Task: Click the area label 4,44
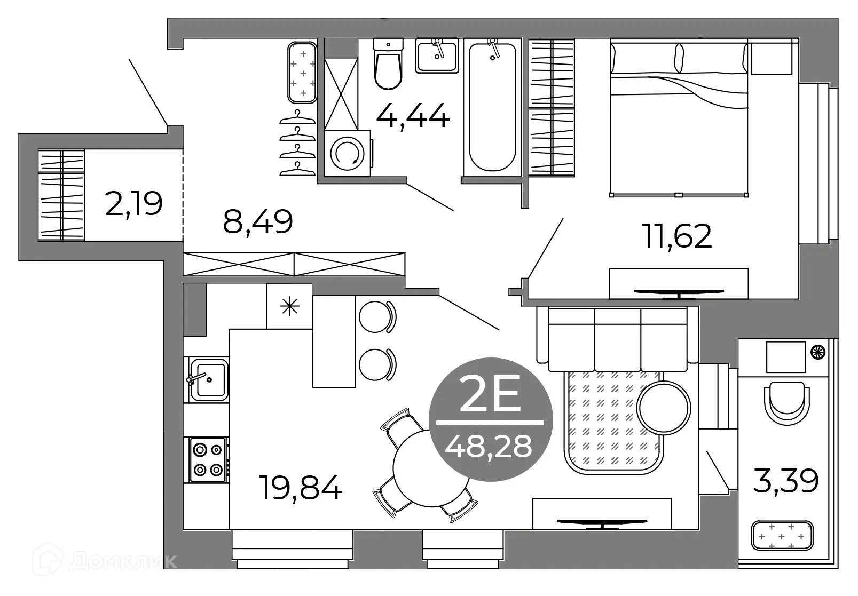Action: [412, 116]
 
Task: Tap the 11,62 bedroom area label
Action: [678, 236]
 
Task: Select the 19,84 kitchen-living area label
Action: [301, 488]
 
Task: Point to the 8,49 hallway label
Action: [258, 221]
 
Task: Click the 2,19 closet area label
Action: [134, 203]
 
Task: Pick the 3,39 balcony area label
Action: [785, 481]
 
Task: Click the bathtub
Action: [492, 107]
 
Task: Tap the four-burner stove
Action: [208, 459]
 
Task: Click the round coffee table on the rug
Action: [664, 407]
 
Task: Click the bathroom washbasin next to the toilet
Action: [437, 55]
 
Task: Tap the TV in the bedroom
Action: [678, 292]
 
